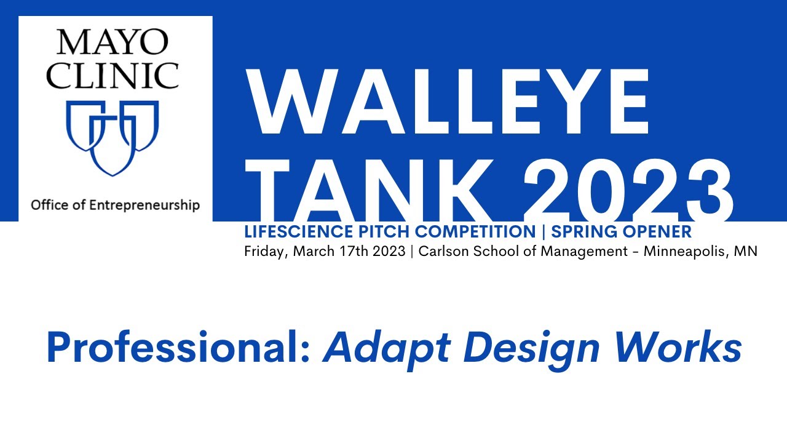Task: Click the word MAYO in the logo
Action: (x=112, y=42)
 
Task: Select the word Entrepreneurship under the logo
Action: (x=144, y=205)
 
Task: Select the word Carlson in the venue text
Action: (x=441, y=252)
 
